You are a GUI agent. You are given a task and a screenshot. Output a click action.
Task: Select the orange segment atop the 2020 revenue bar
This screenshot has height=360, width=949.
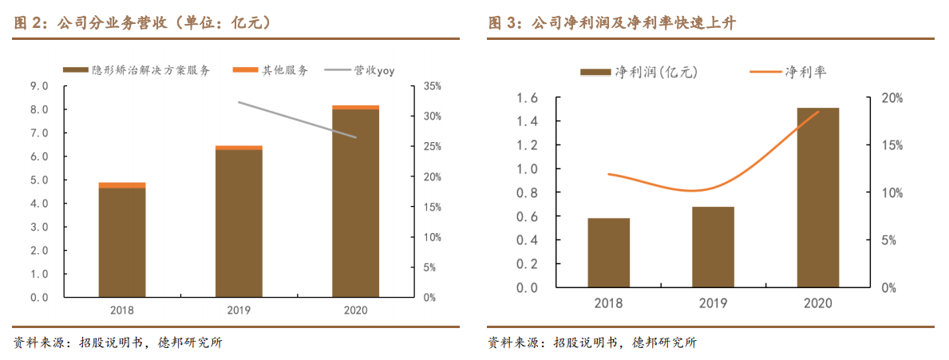[x=355, y=107]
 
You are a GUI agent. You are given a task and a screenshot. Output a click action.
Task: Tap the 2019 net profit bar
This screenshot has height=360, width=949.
[x=713, y=247]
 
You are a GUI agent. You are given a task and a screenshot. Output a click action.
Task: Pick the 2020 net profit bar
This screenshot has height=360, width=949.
[x=818, y=197]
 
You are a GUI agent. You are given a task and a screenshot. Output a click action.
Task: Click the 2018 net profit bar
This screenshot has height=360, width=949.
[x=608, y=252]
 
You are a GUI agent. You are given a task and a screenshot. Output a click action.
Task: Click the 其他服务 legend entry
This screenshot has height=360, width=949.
[x=271, y=70]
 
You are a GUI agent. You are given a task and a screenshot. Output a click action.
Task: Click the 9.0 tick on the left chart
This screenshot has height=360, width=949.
[x=38, y=85]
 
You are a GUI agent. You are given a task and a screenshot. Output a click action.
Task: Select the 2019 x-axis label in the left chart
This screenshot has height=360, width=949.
[x=239, y=311]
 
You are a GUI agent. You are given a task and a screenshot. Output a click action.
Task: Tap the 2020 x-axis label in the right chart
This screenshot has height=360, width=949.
[x=818, y=303]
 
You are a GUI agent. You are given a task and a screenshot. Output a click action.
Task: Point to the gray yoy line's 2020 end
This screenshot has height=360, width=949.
[x=356, y=137]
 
